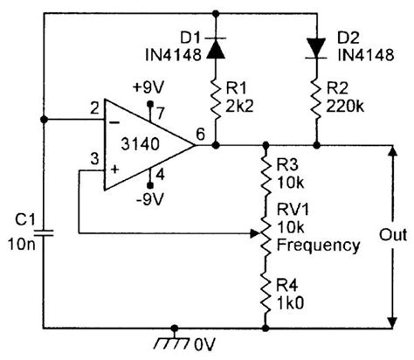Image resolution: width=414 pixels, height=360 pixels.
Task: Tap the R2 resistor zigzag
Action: click(317, 104)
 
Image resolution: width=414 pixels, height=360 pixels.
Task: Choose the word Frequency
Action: click(320, 246)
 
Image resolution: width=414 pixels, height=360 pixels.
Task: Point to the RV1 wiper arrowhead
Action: click(252, 232)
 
